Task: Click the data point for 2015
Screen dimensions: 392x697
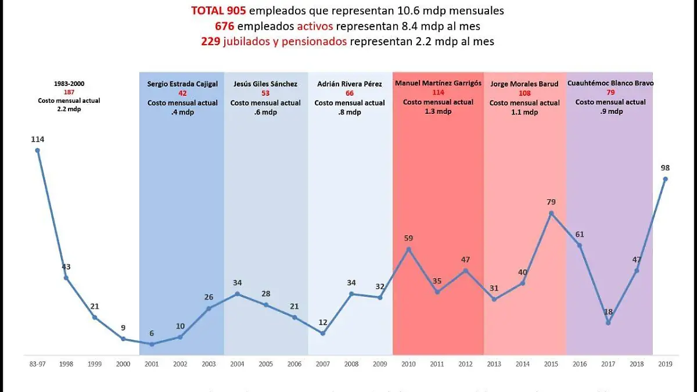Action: pyautogui.click(x=551, y=213)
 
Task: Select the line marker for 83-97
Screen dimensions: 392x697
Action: pyautogui.click(x=38, y=150)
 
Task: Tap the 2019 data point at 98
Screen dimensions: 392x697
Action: pyautogui.click(x=666, y=179)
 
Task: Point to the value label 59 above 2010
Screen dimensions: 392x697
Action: pyautogui.click(x=408, y=238)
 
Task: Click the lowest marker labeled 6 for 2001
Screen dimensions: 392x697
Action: pyautogui.click(x=152, y=344)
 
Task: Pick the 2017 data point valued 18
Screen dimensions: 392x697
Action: pyautogui.click(x=608, y=322)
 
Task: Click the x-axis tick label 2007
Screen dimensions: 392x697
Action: pyautogui.click(x=322, y=364)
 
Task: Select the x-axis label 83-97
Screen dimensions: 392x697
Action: pyautogui.click(x=37, y=364)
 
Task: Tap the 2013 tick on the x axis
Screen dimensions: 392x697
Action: pyautogui.click(x=494, y=364)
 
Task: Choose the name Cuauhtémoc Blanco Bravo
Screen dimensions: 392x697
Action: pyautogui.click(x=610, y=83)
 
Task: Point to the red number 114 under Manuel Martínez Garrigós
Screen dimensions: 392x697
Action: pyautogui.click(x=438, y=92)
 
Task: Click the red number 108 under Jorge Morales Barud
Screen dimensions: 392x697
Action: pyautogui.click(x=524, y=93)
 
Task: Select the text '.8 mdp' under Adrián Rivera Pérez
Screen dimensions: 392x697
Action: pyautogui.click(x=350, y=113)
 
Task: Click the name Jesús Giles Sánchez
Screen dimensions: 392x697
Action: pyautogui.click(x=265, y=84)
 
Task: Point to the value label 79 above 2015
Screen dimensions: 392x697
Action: pyautogui.click(x=551, y=202)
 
